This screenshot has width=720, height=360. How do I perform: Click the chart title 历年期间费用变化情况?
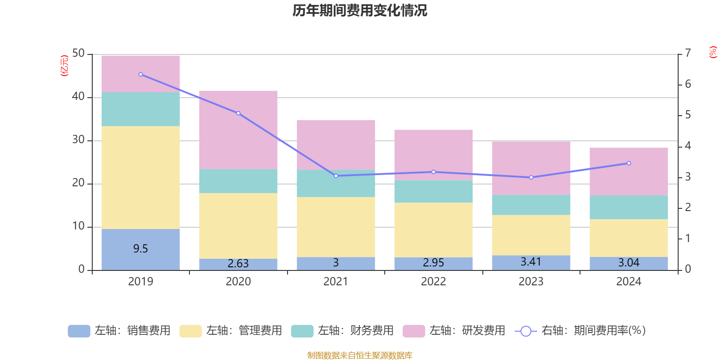(360, 10)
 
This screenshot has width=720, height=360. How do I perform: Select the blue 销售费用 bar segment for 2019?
(140, 249)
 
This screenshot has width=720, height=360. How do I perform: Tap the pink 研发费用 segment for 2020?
(238, 130)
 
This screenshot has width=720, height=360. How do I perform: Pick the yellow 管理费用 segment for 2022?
(433, 230)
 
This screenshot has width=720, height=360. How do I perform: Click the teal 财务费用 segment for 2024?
(629, 207)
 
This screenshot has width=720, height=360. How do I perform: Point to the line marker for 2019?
(141, 74)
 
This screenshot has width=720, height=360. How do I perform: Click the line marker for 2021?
(336, 176)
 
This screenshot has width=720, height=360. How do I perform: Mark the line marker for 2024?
(629, 163)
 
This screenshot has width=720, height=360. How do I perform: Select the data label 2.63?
(238, 264)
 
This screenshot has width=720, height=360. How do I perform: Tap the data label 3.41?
(531, 262)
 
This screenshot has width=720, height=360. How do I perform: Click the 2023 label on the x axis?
(531, 282)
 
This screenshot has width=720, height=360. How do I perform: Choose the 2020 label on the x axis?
(238, 282)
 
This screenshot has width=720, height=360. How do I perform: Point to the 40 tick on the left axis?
(78, 97)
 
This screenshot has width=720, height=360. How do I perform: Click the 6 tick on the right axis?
(688, 84)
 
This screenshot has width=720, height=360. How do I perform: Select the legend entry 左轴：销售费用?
(119, 331)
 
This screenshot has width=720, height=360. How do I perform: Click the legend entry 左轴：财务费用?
(342, 331)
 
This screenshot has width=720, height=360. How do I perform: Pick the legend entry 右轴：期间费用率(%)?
(580, 331)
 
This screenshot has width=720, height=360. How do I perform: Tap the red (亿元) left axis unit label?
(64, 66)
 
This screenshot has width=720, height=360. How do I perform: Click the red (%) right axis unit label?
(713, 52)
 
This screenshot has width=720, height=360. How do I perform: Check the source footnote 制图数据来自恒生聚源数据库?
(360, 355)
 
